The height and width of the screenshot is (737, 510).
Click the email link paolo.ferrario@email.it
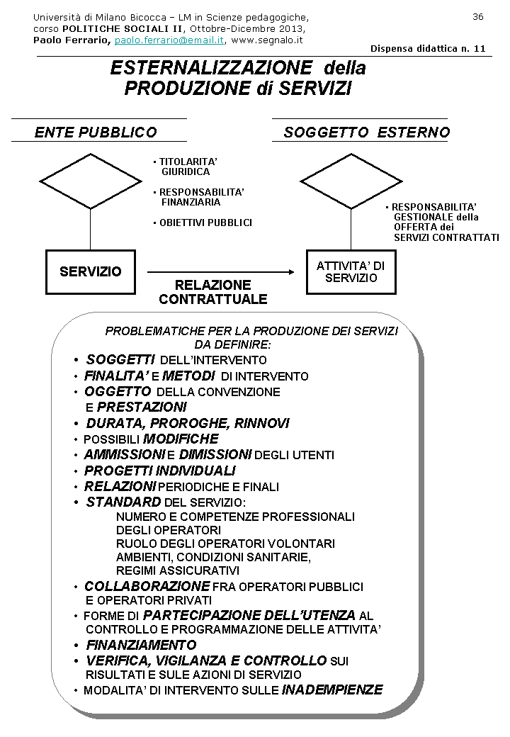[169, 40]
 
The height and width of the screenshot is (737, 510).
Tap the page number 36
[477, 16]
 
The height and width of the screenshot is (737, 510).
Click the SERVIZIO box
[91, 271]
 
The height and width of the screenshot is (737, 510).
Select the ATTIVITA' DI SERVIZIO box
[351, 271]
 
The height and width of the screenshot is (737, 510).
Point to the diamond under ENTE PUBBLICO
[90, 181]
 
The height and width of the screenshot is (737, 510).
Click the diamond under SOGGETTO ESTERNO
[351, 181]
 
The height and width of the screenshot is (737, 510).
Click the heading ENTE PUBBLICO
[96, 133]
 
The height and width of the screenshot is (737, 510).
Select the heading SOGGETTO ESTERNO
[366, 133]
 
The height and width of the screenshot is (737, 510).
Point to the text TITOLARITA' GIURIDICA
[186, 167]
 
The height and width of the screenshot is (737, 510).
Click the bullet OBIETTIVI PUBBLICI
[205, 223]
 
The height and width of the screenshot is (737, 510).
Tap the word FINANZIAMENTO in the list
[141, 645]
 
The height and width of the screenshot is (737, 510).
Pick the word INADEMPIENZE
[332, 690]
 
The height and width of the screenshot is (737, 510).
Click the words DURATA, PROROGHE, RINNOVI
[188, 423]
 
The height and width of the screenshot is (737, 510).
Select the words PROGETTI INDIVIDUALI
[159, 471]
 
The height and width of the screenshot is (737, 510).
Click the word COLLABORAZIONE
[147, 586]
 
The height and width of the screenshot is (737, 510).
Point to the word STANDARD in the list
[123, 502]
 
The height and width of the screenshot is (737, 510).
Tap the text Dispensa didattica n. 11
[428, 49]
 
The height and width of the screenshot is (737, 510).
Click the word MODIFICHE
[181, 439]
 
